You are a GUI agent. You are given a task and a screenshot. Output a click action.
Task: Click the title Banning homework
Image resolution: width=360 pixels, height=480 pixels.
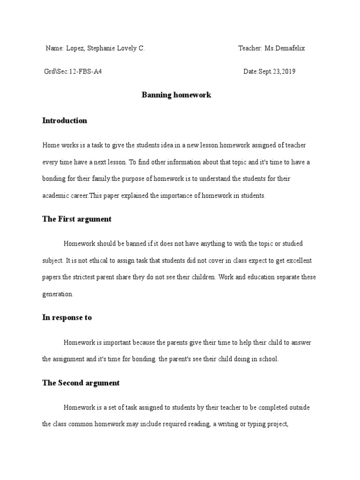(x=176, y=95)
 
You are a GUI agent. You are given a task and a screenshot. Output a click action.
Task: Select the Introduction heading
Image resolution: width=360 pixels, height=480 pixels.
(x=65, y=120)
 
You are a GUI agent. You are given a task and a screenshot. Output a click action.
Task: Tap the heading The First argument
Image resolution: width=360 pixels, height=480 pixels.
(x=77, y=219)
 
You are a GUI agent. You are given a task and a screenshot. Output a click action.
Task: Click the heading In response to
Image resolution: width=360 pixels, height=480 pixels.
(x=67, y=317)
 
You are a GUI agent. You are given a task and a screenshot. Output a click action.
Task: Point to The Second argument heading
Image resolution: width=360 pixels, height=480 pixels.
(x=81, y=383)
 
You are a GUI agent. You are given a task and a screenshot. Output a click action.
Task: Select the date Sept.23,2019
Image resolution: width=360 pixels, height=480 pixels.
(x=277, y=72)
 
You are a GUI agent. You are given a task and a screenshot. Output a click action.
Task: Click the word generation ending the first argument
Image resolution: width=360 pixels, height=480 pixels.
(x=57, y=294)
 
